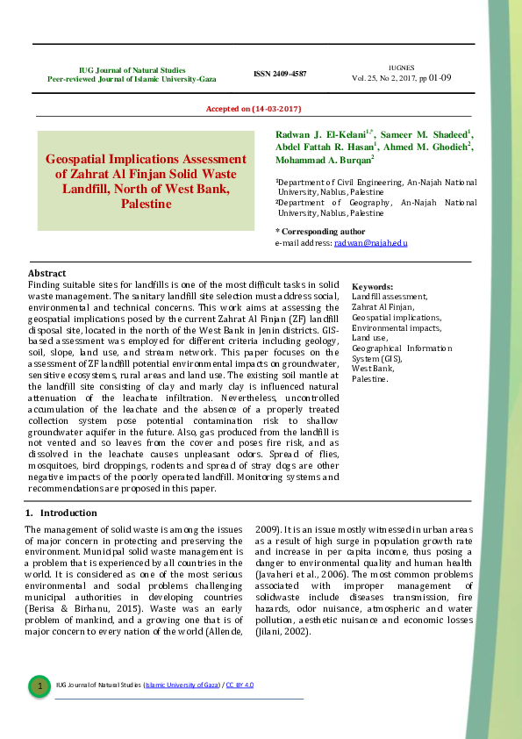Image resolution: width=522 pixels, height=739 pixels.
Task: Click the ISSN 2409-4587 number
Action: coord(280,74)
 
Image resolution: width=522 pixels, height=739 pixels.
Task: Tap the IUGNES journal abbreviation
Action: coord(401,68)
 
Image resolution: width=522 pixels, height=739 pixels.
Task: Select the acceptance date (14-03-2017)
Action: coord(254,108)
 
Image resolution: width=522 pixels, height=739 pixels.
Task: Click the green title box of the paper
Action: coord(146,181)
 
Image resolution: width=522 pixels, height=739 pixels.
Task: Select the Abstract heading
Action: coord(47,274)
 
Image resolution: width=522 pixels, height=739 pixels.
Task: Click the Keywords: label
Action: coord(372,287)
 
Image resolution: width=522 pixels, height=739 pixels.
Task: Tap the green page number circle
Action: coord(39,685)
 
